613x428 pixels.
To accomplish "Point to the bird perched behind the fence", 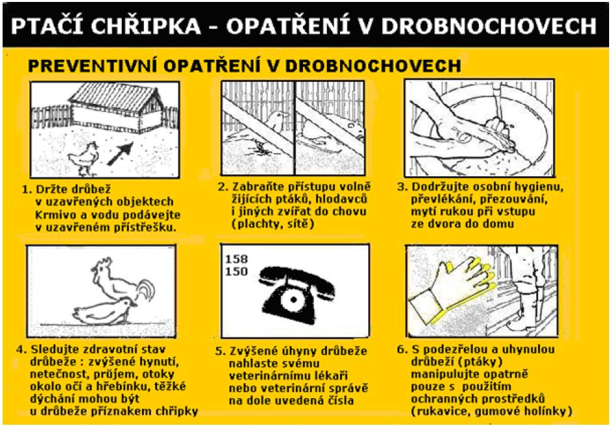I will pyautogui.click(x=276, y=122).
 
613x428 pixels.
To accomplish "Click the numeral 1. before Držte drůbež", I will pyautogui.click(x=27, y=190).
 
